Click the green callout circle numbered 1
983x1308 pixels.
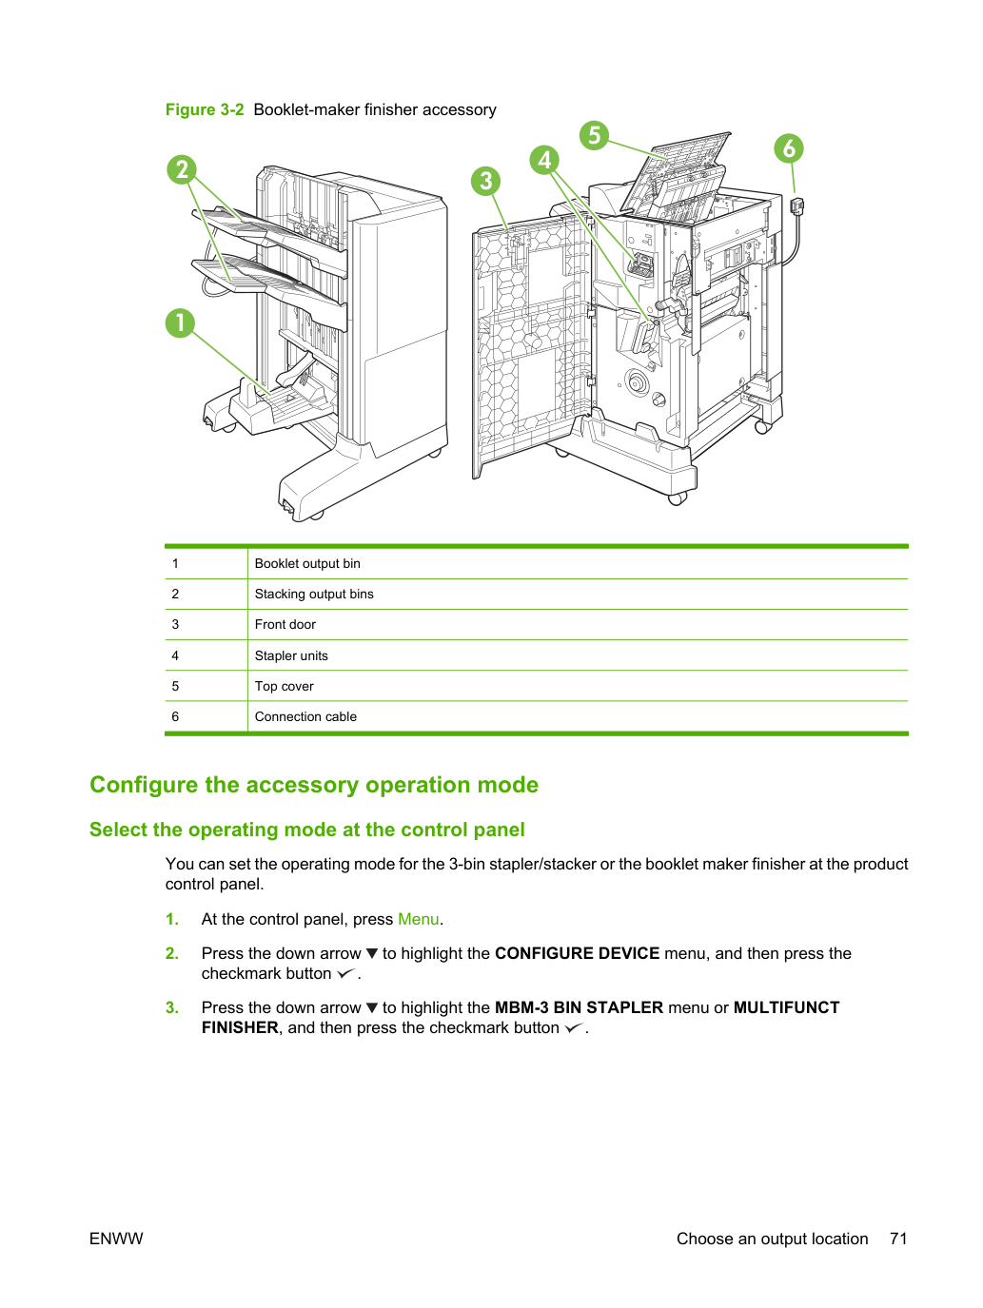point(180,323)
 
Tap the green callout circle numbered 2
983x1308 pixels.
point(182,169)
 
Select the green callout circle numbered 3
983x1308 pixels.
point(486,181)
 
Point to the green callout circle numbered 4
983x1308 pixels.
point(544,160)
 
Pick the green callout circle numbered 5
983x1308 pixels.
point(595,135)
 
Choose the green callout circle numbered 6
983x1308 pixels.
point(789,148)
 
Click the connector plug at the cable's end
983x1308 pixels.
point(796,205)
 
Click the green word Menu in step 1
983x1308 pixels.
point(419,919)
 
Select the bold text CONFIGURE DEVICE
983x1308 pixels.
point(577,953)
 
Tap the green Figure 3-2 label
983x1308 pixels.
point(205,109)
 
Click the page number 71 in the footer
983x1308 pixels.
point(898,1239)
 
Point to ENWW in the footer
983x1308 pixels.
point(116,1239)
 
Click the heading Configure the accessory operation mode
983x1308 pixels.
point(314,785)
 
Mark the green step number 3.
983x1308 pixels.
point(171,1007)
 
